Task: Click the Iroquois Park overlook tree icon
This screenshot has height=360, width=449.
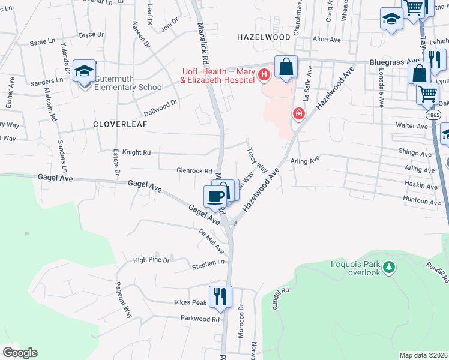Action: pyautogui.click(x=390, y=265)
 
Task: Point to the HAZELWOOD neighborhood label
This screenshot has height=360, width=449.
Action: pyautogui.click(x=264, y=37)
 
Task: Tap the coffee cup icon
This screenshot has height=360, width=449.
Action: pyautogui.click(x=215, y=196)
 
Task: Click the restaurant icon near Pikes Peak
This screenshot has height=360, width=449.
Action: pyautogui.click(x=220, y=296)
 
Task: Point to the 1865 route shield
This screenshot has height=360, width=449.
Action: pyautogui.click(x=433, y=114)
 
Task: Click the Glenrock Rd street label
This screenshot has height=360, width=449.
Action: pyautogui.click(x=194, y=170)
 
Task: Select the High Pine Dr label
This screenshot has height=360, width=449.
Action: pyautogui.click(x=152, y=260)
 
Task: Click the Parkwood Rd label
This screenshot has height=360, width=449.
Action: pyautogui.click(x=200, y=319)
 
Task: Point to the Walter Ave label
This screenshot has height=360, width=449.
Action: pyautogui.click(x=411, y=126)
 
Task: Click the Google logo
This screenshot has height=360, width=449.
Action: pyautogui.click(x=20, y=353)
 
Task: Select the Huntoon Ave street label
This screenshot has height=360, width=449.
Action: pyautogui.click(x=414, y=197)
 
